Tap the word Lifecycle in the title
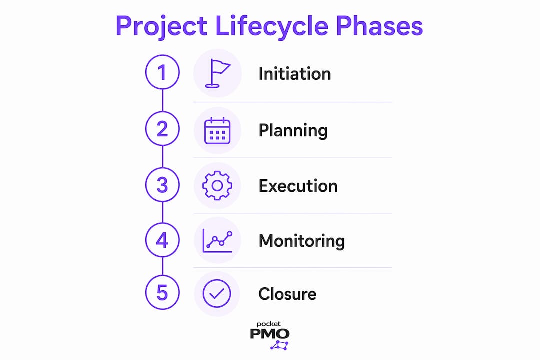click(271, 26)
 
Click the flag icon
click(217, 73)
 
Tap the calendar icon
click(217, 131)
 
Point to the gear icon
click(217, 185)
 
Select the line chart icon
click(217, 241)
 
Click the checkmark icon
click(217, 294)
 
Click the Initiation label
click(295, 74)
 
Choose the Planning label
click(293, 131)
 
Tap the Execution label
click(298, 186)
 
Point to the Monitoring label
click(301, 241)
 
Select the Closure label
click(287, 294)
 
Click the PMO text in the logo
click(269, 333)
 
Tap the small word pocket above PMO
click(268, 324)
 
